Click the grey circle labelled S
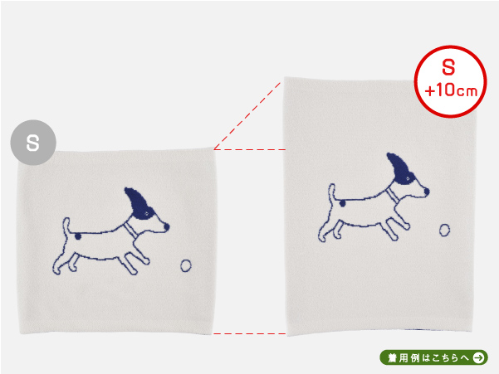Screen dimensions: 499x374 [33, 143]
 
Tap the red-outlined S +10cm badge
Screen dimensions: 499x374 [451, 81]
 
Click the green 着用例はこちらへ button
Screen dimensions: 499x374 [433, 357]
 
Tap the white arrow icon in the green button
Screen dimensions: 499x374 [478, 357]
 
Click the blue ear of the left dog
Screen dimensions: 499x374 [139, 203]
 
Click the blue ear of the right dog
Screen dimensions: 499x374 [400, 168]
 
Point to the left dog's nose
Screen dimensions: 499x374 [166, 226]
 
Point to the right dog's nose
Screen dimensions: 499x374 [427, 192]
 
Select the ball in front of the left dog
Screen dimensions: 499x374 [186, 265]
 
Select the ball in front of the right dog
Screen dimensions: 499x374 [444, 230]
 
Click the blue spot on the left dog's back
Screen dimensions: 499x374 [78, 236]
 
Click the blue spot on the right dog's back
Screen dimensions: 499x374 [342, 203]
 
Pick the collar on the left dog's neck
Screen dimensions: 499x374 [130, 228]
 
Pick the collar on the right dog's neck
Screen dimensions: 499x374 [392, 194]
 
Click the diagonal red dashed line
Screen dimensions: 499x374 [247, 115]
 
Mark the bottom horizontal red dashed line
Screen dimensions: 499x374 [250, 333]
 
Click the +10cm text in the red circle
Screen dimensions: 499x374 [451, 90]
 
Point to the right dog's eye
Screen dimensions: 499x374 [408, 179]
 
